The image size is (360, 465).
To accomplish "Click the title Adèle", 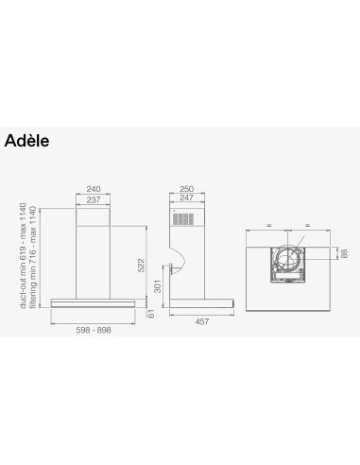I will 26,141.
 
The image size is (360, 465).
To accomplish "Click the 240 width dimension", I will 92,188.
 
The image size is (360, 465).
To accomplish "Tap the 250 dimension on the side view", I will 186,188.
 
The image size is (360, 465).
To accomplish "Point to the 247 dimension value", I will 186,198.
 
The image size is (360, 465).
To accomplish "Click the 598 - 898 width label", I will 93,332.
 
